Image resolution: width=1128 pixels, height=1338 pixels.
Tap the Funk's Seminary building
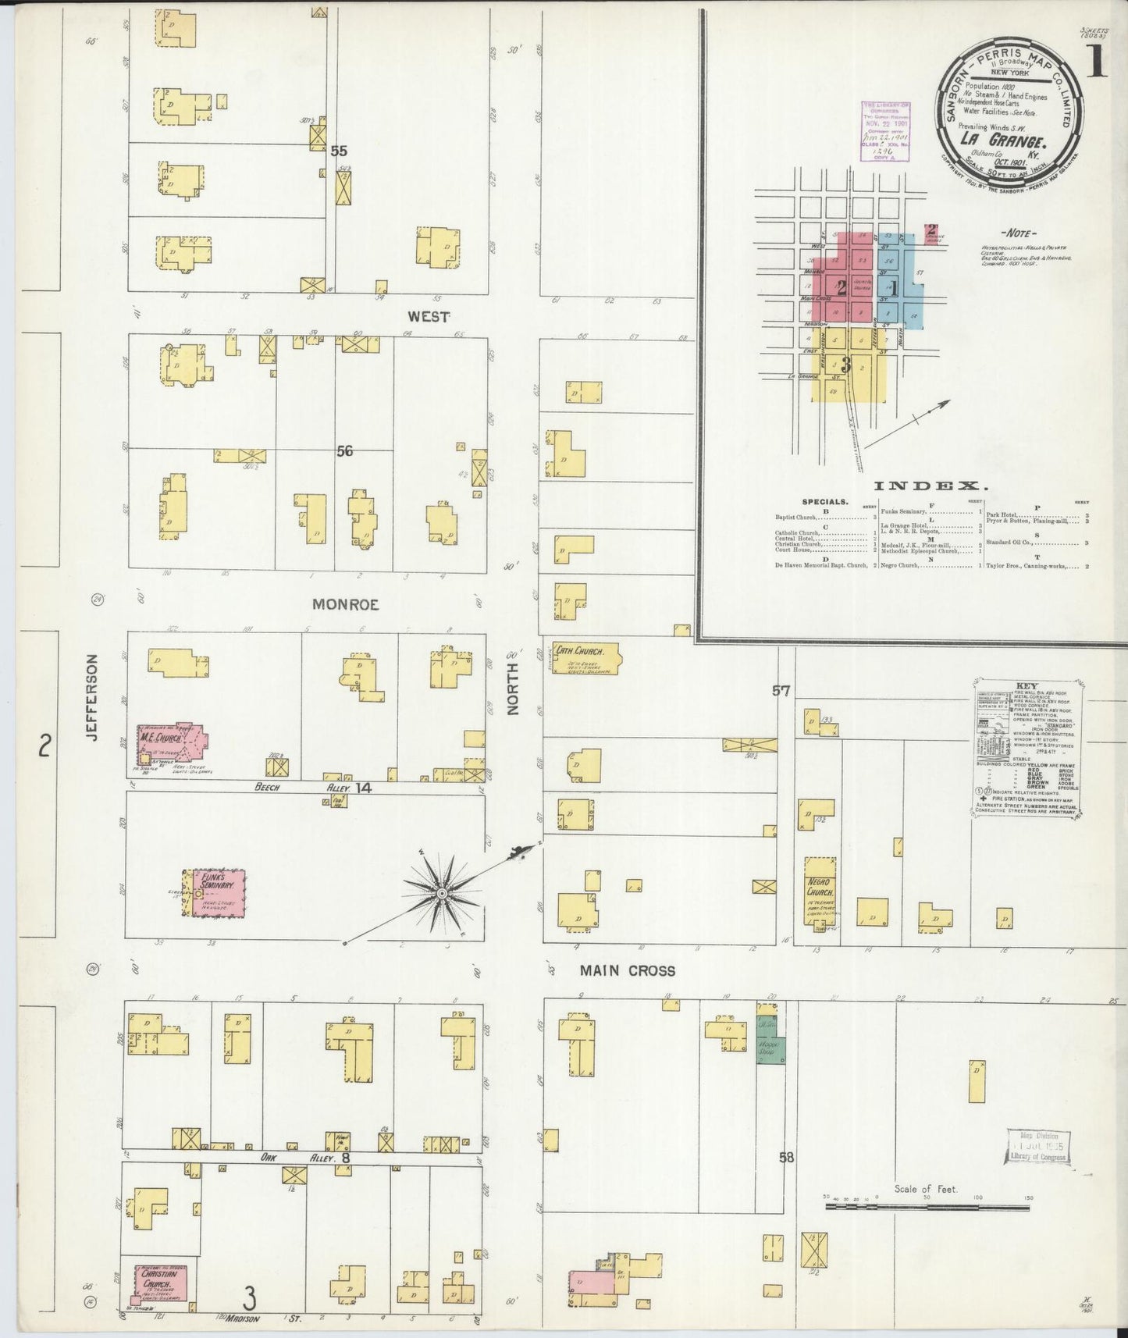point(215,892)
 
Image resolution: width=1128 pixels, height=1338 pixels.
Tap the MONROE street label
point(345,604)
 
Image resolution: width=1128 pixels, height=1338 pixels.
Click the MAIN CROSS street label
point(627,970)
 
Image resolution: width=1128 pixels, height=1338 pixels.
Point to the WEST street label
point(429,317)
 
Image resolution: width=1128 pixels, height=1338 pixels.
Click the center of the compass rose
point(441,892)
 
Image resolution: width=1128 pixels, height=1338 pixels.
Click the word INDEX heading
point(931,485)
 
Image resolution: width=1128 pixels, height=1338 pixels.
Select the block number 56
point(344,451)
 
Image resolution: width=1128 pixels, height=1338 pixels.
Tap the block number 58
point(786,1157)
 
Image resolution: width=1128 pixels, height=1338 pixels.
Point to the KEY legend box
point(1025,749)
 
